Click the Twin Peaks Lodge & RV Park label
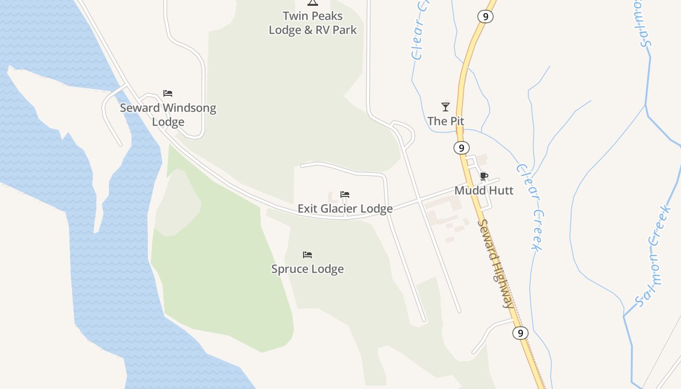click(x=313, y=23)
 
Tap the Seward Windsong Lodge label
click(x=168, y=115)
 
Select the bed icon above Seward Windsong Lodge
click(x=168, y=93)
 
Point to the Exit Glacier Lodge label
click(x=345, y=209)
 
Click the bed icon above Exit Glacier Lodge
click(x=345, y=194)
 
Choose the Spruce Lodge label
click(x=307, y=269)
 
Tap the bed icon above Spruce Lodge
click(x=307, y=255)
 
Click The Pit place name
click(x=446, y=121)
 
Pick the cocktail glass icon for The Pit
click(x=446, y=106)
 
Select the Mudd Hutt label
click(x=484, y=191)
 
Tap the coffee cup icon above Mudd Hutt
click(x=484, y=176)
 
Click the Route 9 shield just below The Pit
click(x=461, y=147)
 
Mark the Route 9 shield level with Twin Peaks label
click(x=485, y=17)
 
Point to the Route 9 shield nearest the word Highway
click(x=520, y=333)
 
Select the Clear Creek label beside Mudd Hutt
click(x=529, y=207)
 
